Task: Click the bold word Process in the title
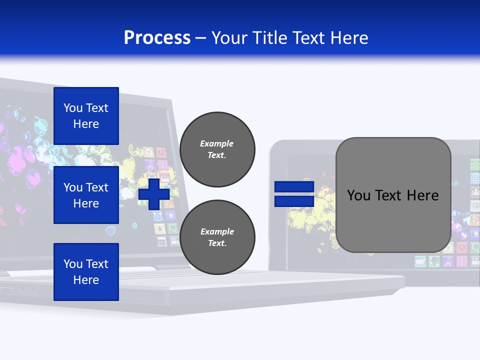pyautogui.click(x=157, y=38)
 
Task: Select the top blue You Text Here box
pyautogui.click(x=86, y=116)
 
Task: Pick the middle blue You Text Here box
pyautogui.click(x=86, y=195)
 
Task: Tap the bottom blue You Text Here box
pyautogui.click(x=86, y=272)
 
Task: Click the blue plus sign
pyautogui.click(x=154, y=194)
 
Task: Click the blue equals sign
pyautogui.click(x=294, y=194)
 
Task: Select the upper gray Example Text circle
pyautogui.click(x=217, y=149)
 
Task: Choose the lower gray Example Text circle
pyautogui.click(x=217, y=237)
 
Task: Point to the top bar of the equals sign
pyautogui.click(x=294, y=187)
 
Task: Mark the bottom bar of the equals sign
pyautogui.click(x=294, y=201)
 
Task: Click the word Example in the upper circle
pyautogui.click(x=217, y=143)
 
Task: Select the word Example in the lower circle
pyautogui.click(x=217, y=231)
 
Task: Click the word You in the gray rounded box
pyautogui.click(x=358, y=195)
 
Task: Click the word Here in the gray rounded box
pyautogui.click(x=422, y=195)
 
